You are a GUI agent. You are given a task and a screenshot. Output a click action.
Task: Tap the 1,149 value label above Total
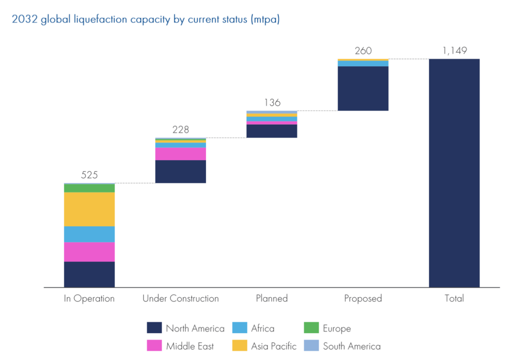pyautogui.click(x=454, y=51)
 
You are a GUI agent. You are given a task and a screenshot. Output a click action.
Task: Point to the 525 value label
pyautogui.click(x=89, y=175)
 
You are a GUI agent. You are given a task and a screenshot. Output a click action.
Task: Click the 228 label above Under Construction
pyautogui.click(x=181, y=130)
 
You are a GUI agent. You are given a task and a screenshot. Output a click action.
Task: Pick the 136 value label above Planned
pyautogui.click(x=272, y=103)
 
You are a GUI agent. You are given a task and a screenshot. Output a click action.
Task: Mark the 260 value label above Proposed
pyautogui.click(x=363, y=51)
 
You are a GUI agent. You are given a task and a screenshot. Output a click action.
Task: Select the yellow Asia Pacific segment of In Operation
pyautogui.click(x=89, y=209)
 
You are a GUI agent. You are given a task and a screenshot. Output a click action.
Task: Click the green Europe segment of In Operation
pyautogui.click(x=89, y=188)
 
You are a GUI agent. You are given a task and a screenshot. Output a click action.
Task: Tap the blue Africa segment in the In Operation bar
pyautogui.click(x=89, y=234)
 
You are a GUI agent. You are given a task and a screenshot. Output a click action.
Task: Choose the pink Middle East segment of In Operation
pyautogui.click(x=89, y=252)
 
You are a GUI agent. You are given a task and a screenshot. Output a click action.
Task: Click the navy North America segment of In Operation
pyautogui.click(x=89, y=274)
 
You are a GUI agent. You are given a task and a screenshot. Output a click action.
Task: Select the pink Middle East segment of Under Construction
pyautogui.click(x=181, y=154)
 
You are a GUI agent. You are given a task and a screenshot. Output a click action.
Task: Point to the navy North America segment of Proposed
pyautogui.click(x=363, y=88)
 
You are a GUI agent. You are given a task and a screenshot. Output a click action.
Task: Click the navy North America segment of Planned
pyautogui.click(x=272, y=131)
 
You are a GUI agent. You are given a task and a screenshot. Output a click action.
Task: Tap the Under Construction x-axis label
pyautogui.click(x=181, y=299)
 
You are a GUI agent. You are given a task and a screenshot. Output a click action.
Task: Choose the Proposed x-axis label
pyautogui.click(x=363, y=299)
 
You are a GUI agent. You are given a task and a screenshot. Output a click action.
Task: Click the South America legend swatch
pyautogui.click(x=311, y=346)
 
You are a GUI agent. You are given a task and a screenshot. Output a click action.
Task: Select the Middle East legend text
pyautogui.click(x=190, y=346)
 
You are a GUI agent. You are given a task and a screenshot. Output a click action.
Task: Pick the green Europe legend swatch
pyautogui.click(x=311, y=328)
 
